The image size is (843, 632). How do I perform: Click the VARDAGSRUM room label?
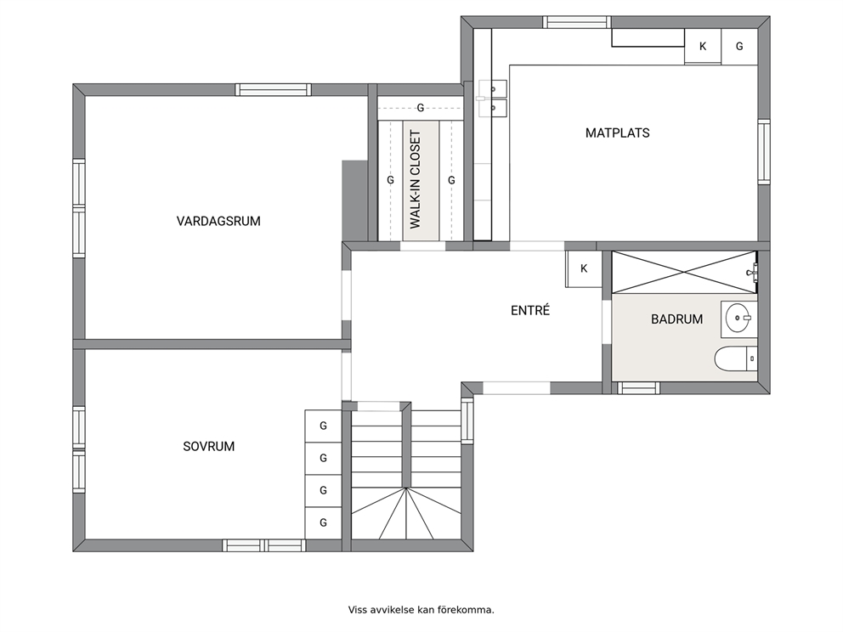(218, 221)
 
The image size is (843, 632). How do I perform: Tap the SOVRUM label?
(208, 446)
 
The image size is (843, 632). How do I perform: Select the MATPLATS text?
(617, 133)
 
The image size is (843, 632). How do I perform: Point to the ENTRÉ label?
(530, 310)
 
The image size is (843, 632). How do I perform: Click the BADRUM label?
(677, 319)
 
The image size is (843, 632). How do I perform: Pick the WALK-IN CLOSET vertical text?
(415, 179)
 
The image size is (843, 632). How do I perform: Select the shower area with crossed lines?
(684, 272)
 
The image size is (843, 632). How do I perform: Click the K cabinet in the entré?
(583, 268)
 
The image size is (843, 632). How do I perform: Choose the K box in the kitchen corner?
(703, 47)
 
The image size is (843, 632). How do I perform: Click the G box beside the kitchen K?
(739, 47)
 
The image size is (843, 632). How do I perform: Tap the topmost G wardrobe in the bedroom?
(323, 426)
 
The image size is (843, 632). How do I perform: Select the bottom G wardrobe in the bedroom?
(323, 523)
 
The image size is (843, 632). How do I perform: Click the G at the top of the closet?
(421, 108)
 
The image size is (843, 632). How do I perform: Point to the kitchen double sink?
(493, 99)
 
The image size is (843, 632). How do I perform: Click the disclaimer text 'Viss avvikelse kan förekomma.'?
(421, 610)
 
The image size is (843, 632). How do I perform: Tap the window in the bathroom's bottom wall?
(638, 388)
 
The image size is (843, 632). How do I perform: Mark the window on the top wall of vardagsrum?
(273, 90)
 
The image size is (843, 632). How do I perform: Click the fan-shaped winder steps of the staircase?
(406, 513)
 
